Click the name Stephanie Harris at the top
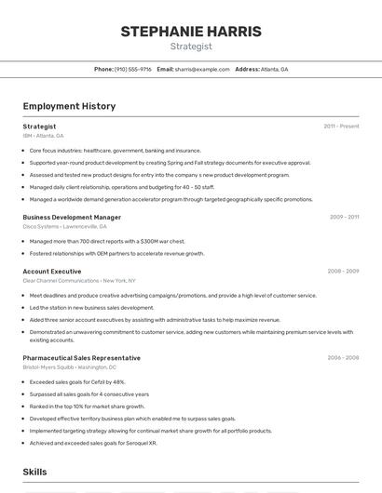tap(191, 32)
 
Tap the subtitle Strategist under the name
tap(191, 47)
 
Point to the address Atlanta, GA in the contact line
tap(274, 69)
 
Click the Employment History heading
tap(69, 106)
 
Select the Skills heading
tap(34, 473)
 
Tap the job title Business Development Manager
tap(72, 218)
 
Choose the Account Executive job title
tap(52, 272)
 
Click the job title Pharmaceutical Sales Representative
tap(82, 358)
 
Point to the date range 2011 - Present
tap(341, 127)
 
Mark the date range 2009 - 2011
tap(344, 218)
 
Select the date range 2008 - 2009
tap(343, 272)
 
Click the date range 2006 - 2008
tap(343, 358)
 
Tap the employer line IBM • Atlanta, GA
tap(44, 136)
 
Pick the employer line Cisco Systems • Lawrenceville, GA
tap(64, 226)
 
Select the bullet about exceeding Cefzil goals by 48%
tap(77, 381)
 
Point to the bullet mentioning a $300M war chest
tap(107, 241)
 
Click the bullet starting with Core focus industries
tap(115, 150)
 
